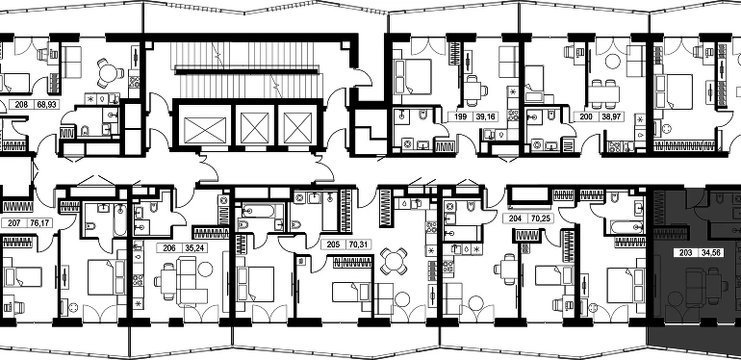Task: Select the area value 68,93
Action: point(46,104)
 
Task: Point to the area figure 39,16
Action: point(485,116)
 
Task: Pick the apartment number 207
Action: point(14,222)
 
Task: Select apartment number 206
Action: point(169,247)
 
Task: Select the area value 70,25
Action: point(544,219)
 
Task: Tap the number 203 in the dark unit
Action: point(685,253)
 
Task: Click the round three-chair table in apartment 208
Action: point(110,73)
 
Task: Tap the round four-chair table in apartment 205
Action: point(394,261)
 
